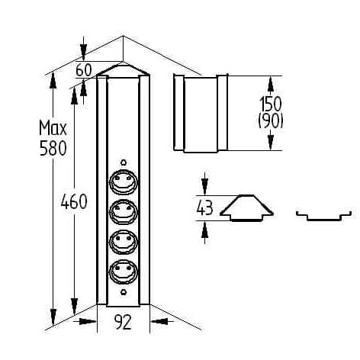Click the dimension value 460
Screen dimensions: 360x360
[x=74, y=201]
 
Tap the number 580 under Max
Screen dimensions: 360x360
[x=53, y=148]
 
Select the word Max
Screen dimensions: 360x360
[x=53, y=128]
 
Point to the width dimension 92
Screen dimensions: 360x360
[x=123, y=322]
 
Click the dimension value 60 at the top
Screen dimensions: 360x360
[x=84, y=69]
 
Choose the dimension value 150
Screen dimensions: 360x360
[x=271, y=104]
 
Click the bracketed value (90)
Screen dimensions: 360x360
[x=271, y=121]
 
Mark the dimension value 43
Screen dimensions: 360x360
[x=204, y=208]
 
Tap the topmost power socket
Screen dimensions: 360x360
[x=124, y=182]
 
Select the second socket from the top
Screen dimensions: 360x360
[x=124, y=212]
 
